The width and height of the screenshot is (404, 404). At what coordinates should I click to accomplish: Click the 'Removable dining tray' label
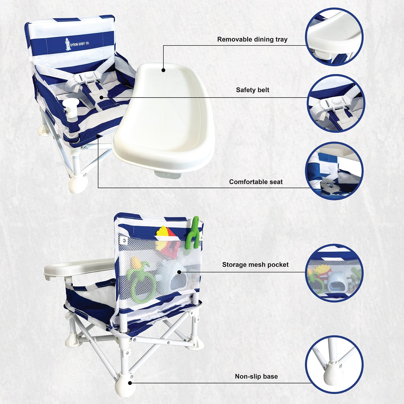point(252,40)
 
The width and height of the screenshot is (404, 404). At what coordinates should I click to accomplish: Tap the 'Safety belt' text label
point(252,90)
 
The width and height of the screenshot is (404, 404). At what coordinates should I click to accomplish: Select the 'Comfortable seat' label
point(256,182)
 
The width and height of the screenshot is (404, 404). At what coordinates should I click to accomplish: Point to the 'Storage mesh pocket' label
point(255,265)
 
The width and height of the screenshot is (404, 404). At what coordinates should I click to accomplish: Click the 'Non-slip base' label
point(256,376)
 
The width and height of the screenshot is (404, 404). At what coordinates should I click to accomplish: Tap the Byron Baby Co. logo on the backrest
point(77,44)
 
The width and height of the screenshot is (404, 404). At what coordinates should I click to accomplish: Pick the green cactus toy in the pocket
point(192,233)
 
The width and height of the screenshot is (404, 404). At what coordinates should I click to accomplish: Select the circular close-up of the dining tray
point(334,37)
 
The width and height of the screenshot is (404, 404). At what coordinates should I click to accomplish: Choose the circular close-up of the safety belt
point(336,103)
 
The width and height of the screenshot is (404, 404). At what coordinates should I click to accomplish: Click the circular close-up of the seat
point(334,171)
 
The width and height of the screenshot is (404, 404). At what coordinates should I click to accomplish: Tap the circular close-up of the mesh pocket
point(334,273)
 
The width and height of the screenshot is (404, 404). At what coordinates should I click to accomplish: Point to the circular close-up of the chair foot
point(334,364)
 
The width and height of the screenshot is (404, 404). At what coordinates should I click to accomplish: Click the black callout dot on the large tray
point(163,70)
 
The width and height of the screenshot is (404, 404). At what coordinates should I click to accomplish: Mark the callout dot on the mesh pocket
point(179,272)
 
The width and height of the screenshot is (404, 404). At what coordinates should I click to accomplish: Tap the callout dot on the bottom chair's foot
point(130,383)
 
